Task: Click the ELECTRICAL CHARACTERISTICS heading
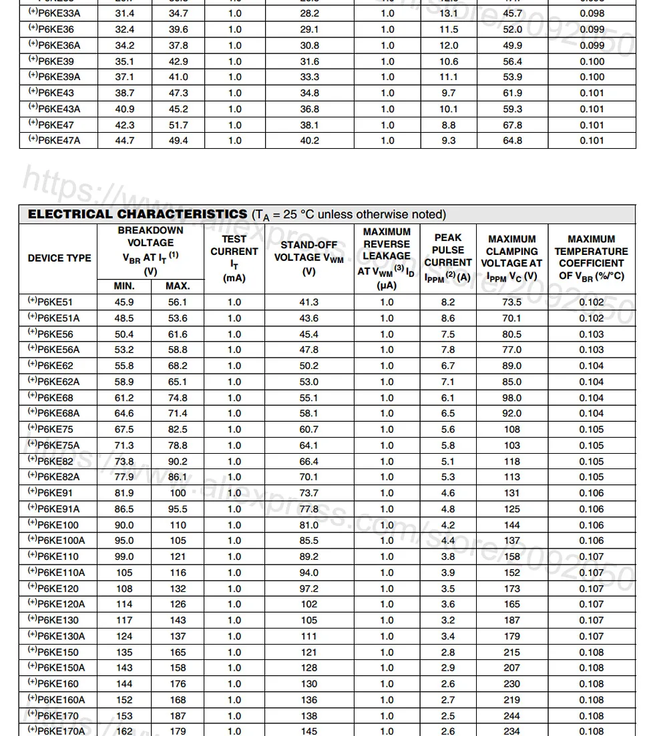(137, 214)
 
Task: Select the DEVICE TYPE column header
(59, 258)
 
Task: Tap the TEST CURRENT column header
(234, 258)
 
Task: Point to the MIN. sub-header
(124, 286)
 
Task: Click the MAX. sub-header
(178, 286)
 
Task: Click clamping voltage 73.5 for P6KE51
(511, 302)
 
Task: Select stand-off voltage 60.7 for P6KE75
(309, 430)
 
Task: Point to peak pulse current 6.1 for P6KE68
(448, 398)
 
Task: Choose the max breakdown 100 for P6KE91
(178, 493)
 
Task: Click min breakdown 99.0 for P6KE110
(124, 557)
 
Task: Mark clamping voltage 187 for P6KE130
(511, 621)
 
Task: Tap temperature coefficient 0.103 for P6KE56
(591, 334)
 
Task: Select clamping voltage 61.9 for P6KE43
(512, 93)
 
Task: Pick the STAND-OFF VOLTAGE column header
(309, 258)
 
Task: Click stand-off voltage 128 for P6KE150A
(309, 668)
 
